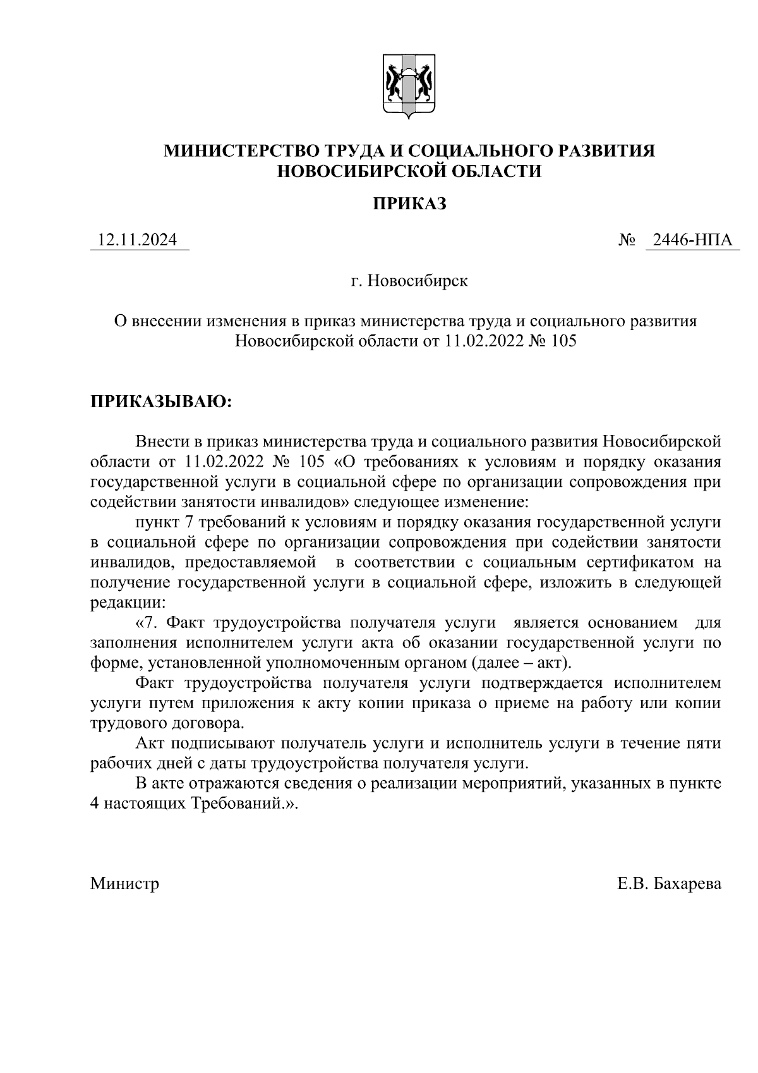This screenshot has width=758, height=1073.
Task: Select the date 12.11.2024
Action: click(x=138, y=240)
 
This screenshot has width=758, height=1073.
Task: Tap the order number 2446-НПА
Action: click(x=692, y=240)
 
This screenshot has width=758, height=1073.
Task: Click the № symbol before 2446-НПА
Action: click(x=627, y=240)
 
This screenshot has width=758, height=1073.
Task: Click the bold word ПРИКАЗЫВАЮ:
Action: click(x=161, y=402)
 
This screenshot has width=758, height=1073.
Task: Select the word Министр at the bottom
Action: click(x=124, y=883)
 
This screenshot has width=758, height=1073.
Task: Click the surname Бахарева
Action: click(x=687, y=883)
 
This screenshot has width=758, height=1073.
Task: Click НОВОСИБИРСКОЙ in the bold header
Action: click(x=352, y=171)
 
